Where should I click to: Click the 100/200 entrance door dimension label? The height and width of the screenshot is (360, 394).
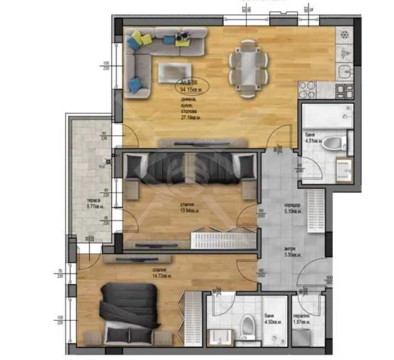click(329, 279)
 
